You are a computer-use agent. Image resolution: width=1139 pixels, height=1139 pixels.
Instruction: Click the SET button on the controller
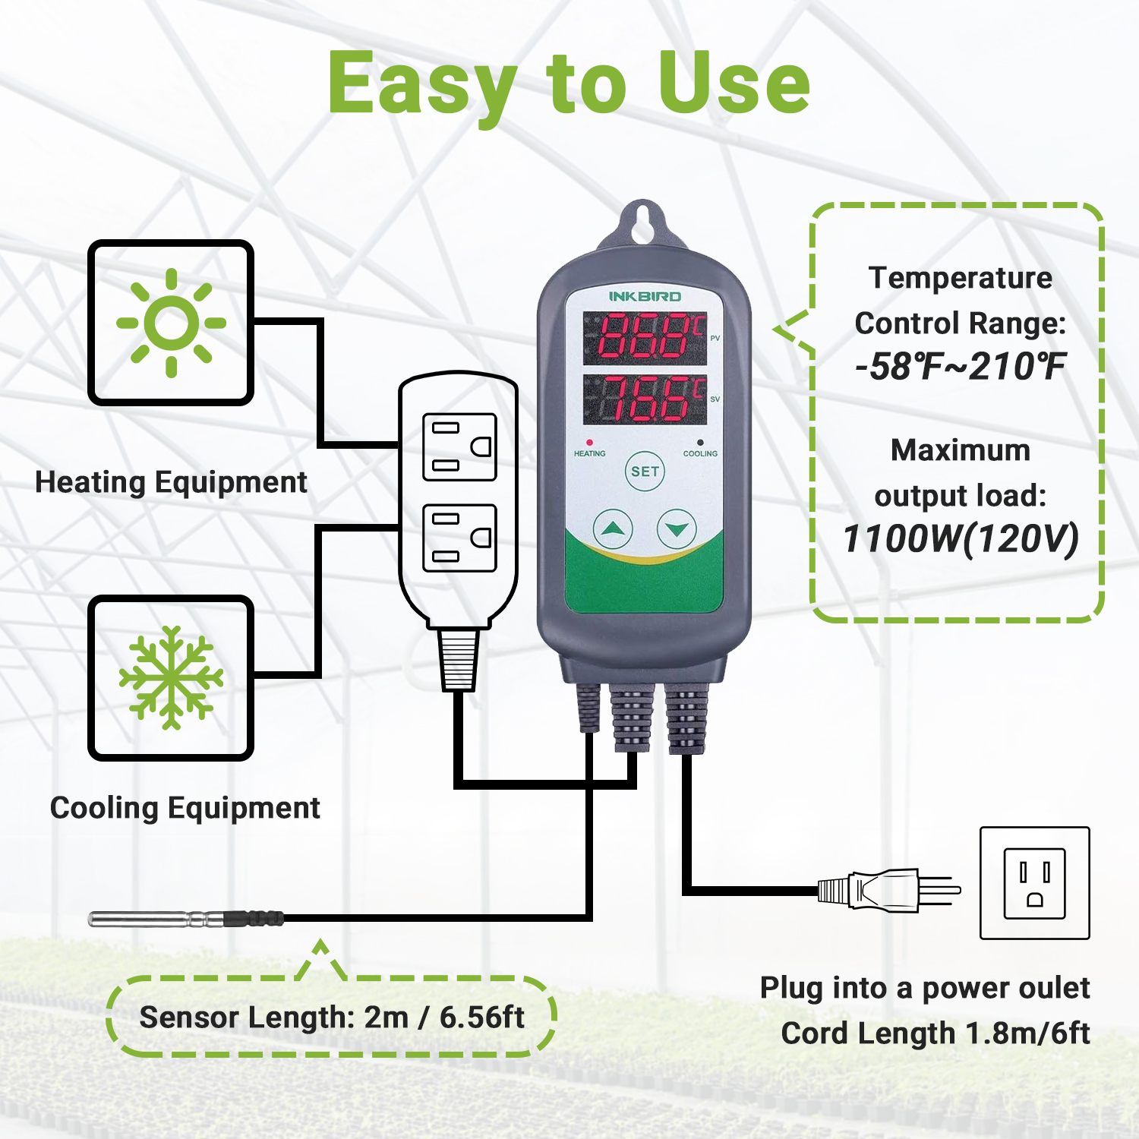tap(645, 472)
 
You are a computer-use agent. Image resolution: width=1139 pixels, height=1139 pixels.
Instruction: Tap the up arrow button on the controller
tap(612, 528)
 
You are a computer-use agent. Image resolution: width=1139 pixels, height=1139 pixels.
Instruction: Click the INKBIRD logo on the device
tap(645, 296)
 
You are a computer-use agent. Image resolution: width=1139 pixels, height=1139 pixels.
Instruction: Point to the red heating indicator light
tap(589, 442)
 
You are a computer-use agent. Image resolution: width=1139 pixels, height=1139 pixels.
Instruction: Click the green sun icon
tap(171, 323)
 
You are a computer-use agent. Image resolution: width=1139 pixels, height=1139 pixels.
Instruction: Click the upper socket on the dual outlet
tap(459, 447)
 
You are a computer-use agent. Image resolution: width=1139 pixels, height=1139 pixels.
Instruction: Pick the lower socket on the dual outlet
tap(459, 538)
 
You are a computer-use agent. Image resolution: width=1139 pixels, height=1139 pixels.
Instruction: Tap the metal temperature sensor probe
tap(152, 919)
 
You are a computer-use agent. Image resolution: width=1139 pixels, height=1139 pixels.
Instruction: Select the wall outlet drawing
tap(1034, 883)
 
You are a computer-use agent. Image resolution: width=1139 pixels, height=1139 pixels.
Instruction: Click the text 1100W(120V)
tap(961, 539)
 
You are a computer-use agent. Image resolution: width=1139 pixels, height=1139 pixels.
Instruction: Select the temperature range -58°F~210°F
tap(961, 367)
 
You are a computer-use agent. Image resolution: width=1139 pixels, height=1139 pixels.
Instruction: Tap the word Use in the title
tap(734, 84)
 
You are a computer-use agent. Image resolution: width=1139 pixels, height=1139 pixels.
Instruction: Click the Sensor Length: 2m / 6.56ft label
tap(332, 1018)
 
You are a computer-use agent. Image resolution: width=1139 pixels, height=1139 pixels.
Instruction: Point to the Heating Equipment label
tap(171, 482)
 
